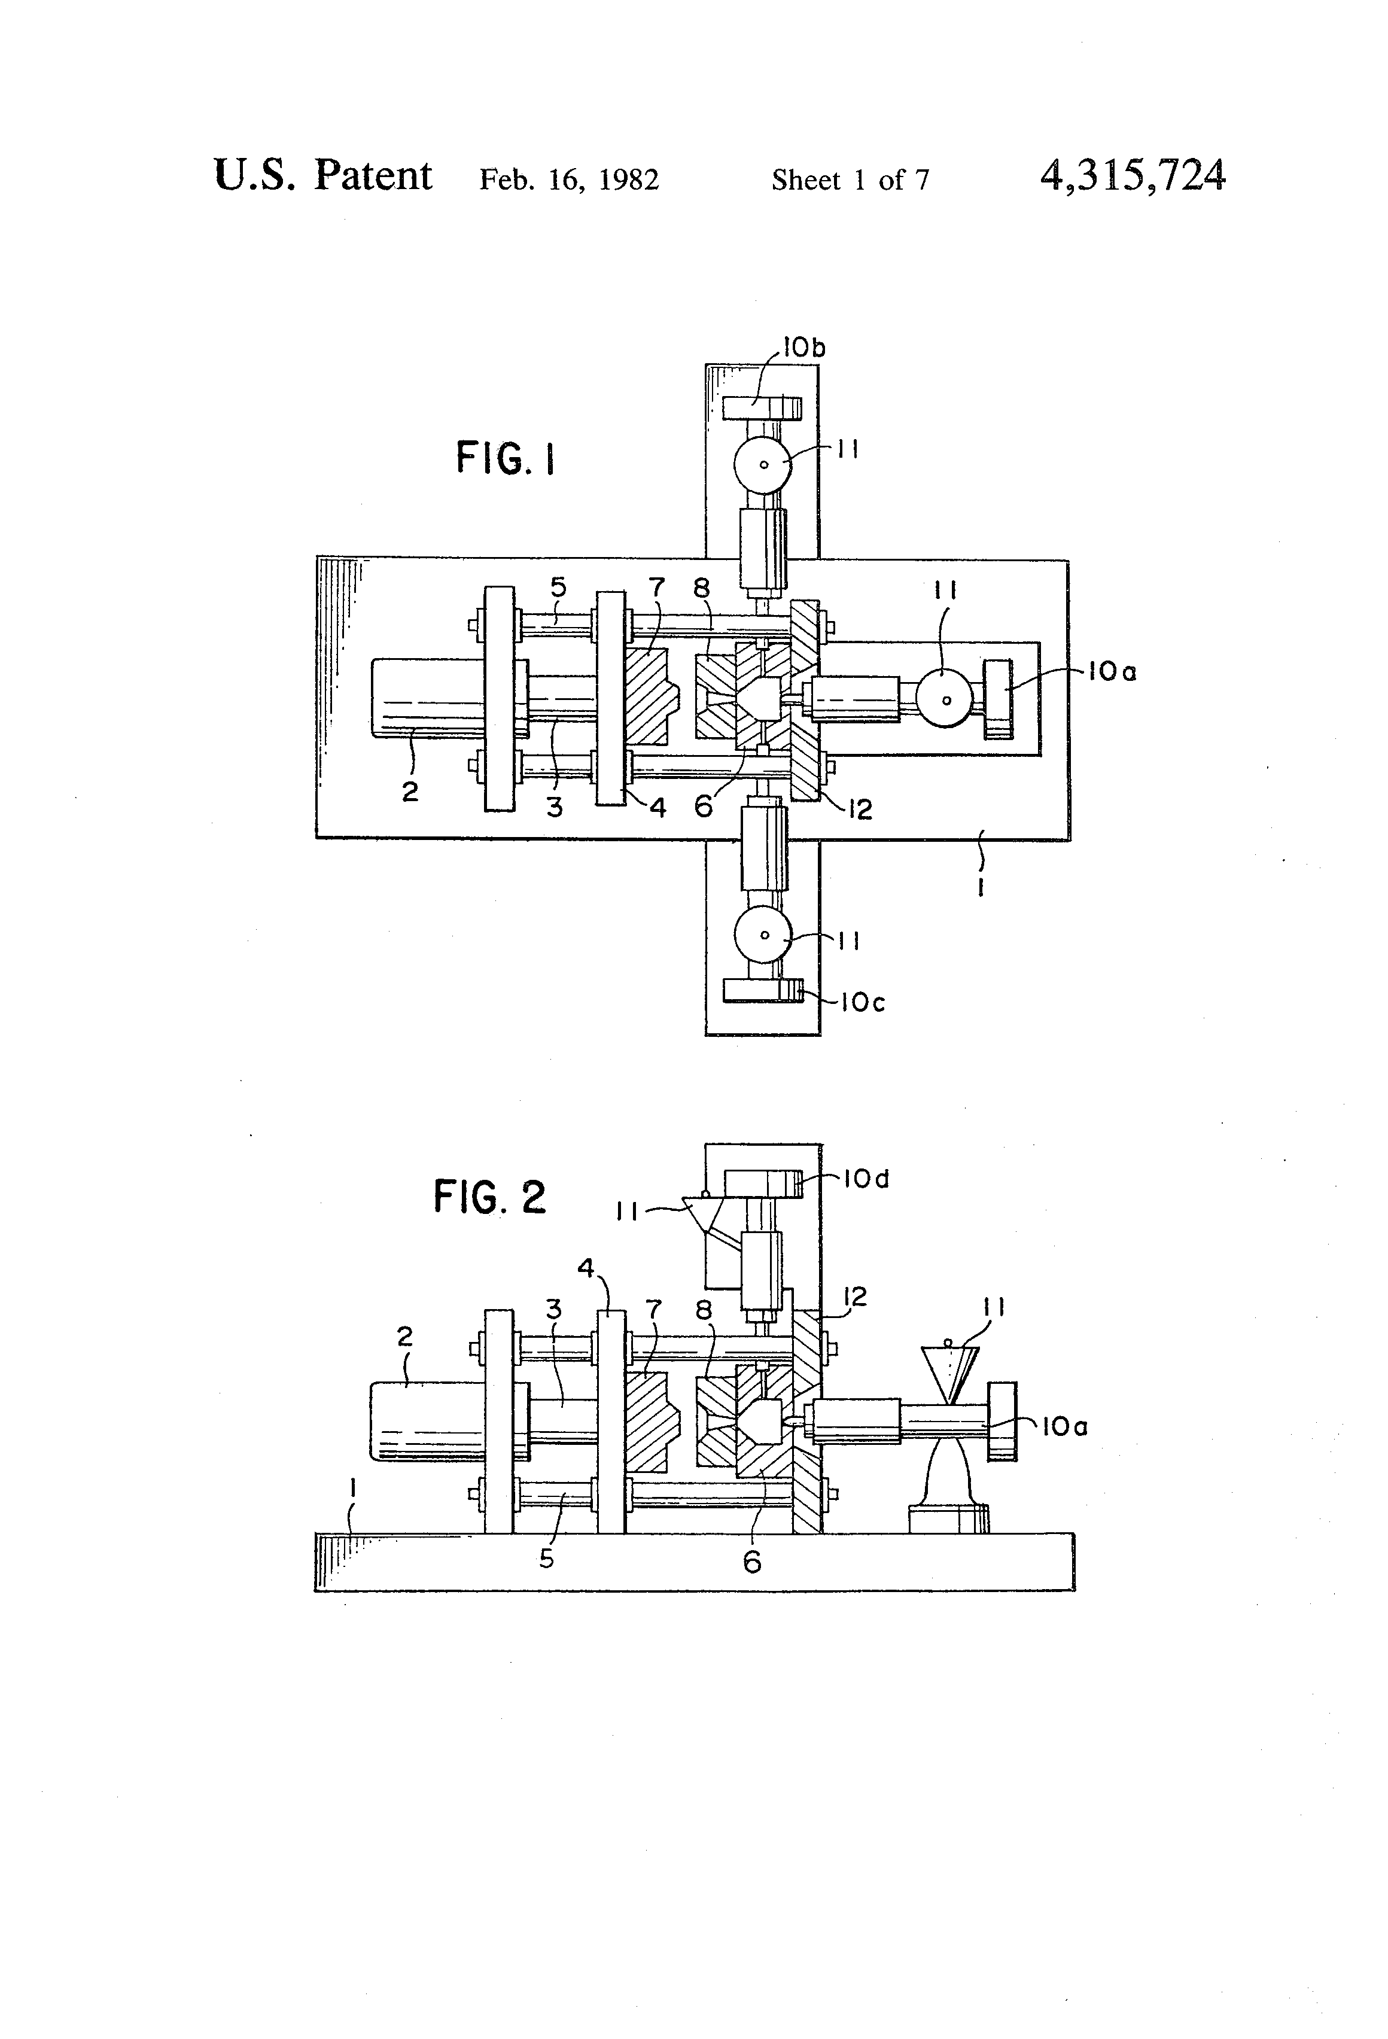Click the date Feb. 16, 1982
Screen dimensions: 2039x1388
568,180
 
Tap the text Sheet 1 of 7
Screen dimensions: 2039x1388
850,180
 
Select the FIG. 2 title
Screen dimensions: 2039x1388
489,1197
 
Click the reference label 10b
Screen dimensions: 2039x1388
803,348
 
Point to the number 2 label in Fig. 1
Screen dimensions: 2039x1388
410,792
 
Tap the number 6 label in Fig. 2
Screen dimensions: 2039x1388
752,1562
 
